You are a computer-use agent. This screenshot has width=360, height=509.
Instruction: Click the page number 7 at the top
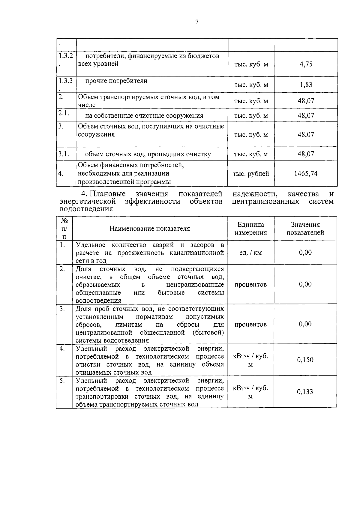[197, 22]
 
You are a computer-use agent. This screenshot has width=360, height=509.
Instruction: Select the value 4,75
[306, 64]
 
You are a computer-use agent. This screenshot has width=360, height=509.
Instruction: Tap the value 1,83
[306, 85]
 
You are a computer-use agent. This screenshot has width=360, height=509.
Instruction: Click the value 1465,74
[306, 174]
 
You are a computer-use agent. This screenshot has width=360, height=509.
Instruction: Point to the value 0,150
[305, 360]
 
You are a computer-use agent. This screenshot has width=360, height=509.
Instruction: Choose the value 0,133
[305, 392]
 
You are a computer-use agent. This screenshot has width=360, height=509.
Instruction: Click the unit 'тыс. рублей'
[251, 174]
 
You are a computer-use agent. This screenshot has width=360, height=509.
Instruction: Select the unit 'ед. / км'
[250, 253]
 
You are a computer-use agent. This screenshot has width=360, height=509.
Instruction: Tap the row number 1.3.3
[66, 81]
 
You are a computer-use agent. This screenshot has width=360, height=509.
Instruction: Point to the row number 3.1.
[64, 154]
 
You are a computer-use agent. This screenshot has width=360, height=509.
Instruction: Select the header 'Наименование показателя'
[149, 229]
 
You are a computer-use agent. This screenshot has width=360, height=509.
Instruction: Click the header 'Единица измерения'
[250, 229]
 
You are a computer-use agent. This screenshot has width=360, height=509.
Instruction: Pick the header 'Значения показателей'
[305, 229]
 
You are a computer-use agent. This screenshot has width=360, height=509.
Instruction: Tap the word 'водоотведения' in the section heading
[86, 209]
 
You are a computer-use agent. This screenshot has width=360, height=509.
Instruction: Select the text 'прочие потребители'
[116, 81]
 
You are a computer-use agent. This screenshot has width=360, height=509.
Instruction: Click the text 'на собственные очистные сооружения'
[144, 116]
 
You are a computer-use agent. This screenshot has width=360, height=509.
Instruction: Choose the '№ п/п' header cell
[64, 228]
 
